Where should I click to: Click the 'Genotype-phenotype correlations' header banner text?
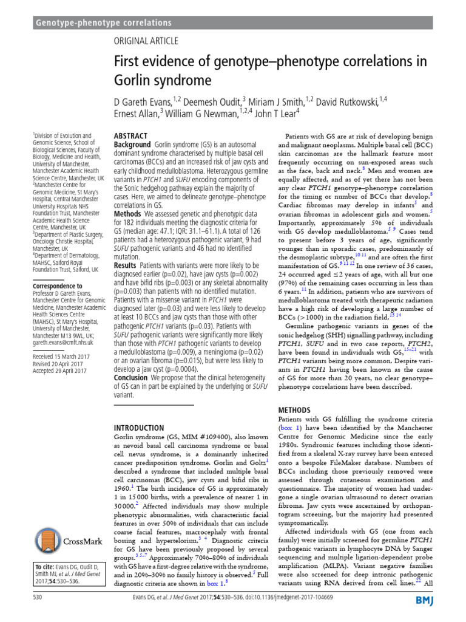coord(104,23)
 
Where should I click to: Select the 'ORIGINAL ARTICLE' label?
coord(146,41)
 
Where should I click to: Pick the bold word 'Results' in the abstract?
coord(126,265)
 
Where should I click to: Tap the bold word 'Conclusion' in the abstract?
coord(131,377)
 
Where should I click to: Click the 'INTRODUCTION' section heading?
coord(139,428)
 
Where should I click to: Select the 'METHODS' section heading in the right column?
coord(295,411)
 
